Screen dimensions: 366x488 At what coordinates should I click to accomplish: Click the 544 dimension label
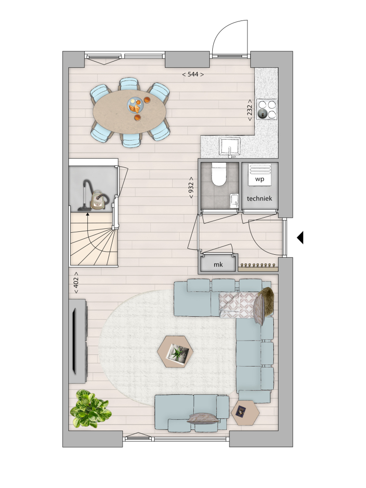click(193, 74)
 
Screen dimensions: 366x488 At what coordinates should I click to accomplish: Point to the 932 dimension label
click(191, 188)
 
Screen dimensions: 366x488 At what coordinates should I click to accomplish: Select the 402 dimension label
click(76, 283)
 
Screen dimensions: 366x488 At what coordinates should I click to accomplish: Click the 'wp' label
click(260, 179)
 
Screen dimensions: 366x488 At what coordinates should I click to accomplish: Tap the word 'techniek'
click(259, 198)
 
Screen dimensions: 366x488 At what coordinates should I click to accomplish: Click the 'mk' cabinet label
click(218, 264)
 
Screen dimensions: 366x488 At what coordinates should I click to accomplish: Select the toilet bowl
click(219, 175)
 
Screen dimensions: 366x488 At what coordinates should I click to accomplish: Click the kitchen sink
click(230, 146)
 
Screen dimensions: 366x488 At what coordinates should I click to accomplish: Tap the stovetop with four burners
click(267, 109)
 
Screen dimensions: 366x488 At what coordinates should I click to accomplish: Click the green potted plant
click(90, 408)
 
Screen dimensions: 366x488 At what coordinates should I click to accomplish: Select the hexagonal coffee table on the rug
click(175, 352)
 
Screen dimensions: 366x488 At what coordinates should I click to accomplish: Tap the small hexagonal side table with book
click(245, 412)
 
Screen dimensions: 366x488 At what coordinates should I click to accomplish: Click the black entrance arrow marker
click(300, 238)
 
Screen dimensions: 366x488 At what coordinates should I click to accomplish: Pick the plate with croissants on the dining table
click(135, 105)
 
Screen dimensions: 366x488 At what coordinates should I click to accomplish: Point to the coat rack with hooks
click(258, 267)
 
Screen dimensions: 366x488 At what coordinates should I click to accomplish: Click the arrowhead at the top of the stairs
click(87, 214)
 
